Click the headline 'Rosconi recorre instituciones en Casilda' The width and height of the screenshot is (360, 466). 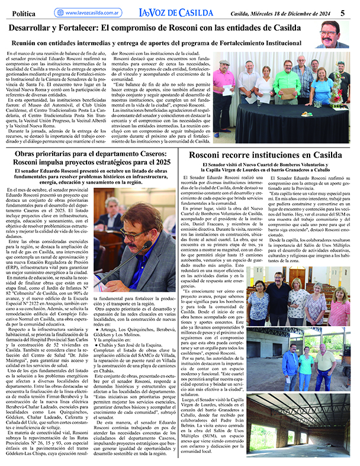(x=270, y=155)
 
